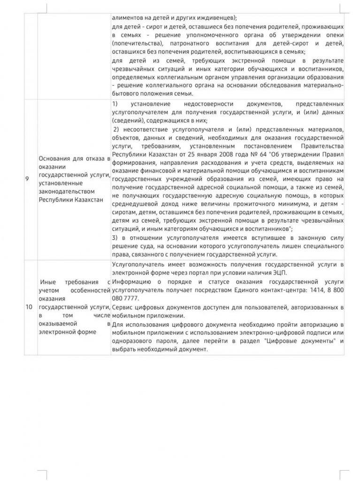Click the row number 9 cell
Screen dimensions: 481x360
point(29,179)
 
